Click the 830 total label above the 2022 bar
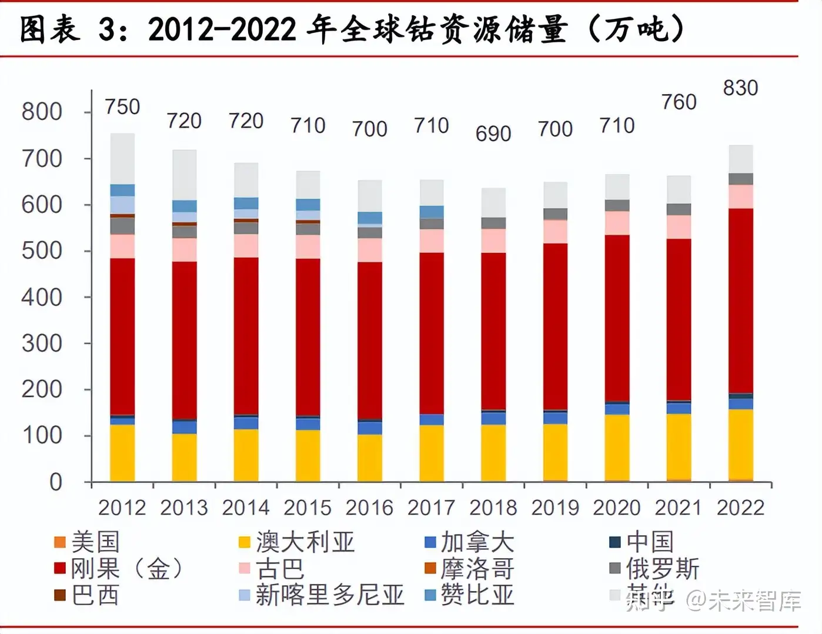pos(740,88)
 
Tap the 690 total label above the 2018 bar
pos(493,134)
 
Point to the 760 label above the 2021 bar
pos(679,102)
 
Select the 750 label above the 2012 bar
pos(122,107)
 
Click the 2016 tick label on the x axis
pos(369,508)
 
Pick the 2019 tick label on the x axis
pos(555,508)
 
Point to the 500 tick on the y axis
pos(42,251)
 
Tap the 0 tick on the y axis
pos(55,482)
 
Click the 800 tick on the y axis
pos(42,112)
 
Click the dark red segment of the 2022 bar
pos(740,300)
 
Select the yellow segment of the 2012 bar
pos(122,453)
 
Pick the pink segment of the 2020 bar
pos(617,223)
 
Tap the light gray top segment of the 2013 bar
pos(184,175)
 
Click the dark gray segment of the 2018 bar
pos(493,223)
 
